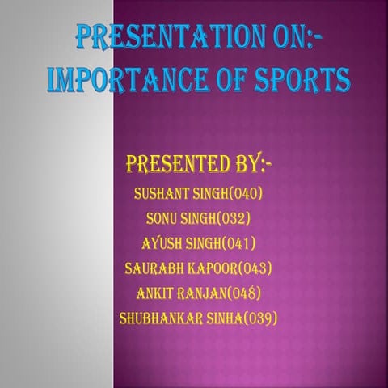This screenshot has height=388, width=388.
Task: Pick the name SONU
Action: [x=164, y=218]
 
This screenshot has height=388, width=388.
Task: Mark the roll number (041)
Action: [x=238, y=243]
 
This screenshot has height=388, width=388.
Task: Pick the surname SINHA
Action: [x=226, y=318]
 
